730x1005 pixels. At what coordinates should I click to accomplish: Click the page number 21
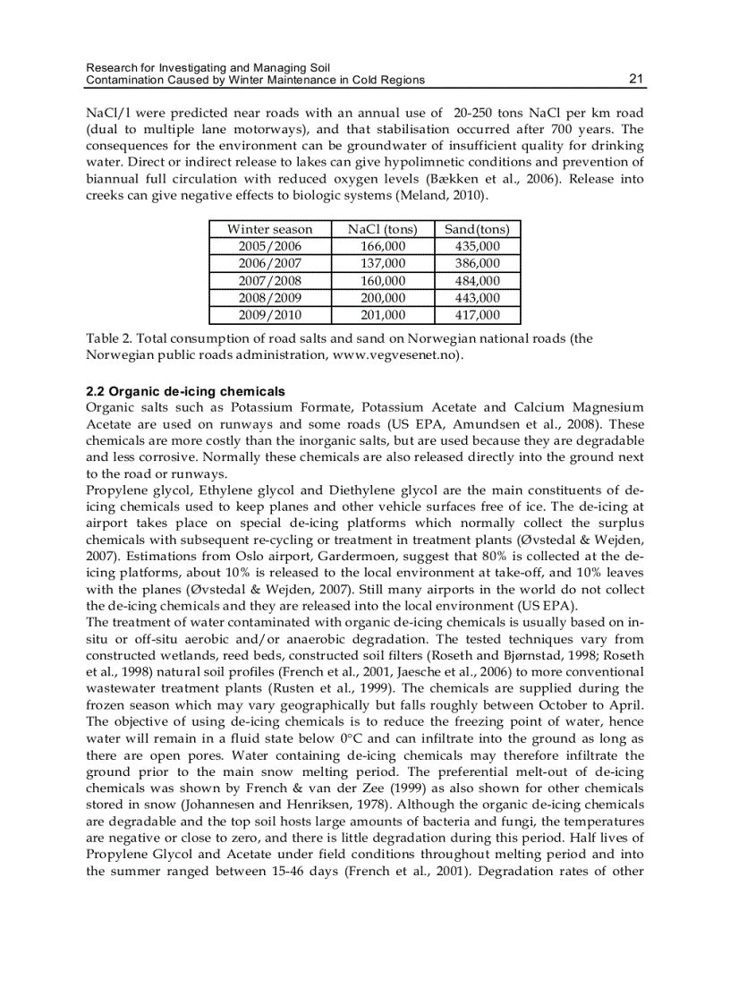(x=636, y=79)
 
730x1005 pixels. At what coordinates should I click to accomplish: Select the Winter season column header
(x=269, y=229)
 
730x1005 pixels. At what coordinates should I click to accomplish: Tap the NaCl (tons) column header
(x=382, y=229)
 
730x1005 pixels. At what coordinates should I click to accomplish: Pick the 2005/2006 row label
(x=269, y=246)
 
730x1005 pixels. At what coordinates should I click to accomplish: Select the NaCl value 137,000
(x=382, y=263)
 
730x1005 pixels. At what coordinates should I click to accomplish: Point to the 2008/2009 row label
(x=269, y=297)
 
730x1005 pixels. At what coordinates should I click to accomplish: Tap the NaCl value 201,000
(x=382, y=315)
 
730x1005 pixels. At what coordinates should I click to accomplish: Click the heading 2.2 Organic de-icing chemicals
(x=185, y=391)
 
